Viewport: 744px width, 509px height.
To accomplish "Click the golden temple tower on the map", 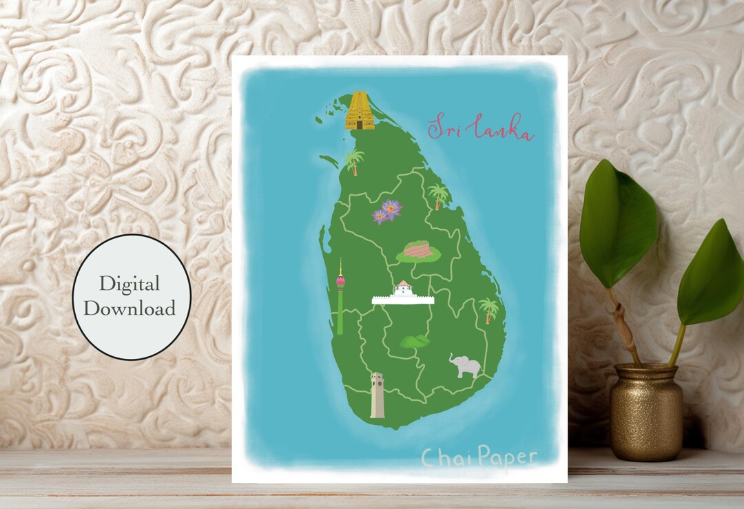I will pos(360,111).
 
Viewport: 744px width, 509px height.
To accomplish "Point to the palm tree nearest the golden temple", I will pos(355,162).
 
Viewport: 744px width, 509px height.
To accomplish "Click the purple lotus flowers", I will pos(387,211).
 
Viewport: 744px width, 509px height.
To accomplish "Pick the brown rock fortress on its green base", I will pos(418,251).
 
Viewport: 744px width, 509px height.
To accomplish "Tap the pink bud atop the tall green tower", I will pos(340,281).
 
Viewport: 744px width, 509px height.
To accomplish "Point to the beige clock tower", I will pos(377,395).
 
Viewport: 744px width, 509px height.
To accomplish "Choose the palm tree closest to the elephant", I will pos(488,309).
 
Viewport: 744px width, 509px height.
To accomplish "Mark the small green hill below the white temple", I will pos(415,341).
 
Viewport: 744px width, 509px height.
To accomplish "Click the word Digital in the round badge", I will pos(129,283).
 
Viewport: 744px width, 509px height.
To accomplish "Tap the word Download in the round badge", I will pos(130,309).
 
